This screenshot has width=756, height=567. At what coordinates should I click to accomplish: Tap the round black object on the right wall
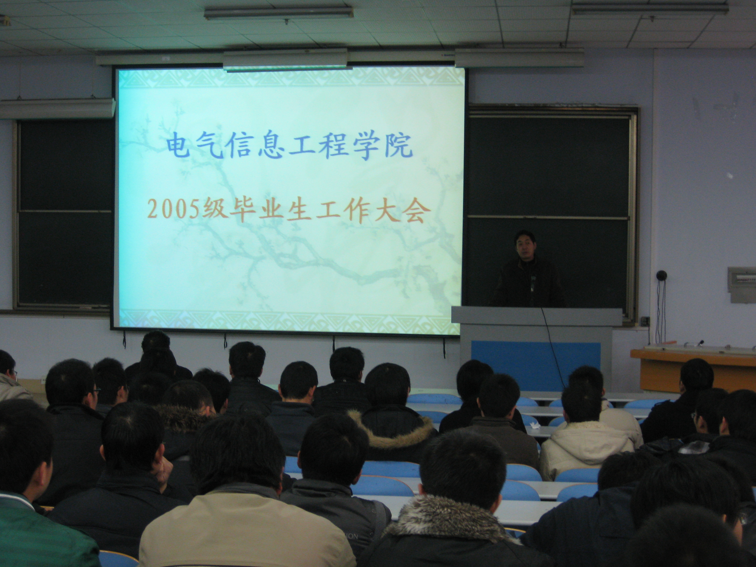661,275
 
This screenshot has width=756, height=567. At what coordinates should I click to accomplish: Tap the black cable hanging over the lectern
552,349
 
